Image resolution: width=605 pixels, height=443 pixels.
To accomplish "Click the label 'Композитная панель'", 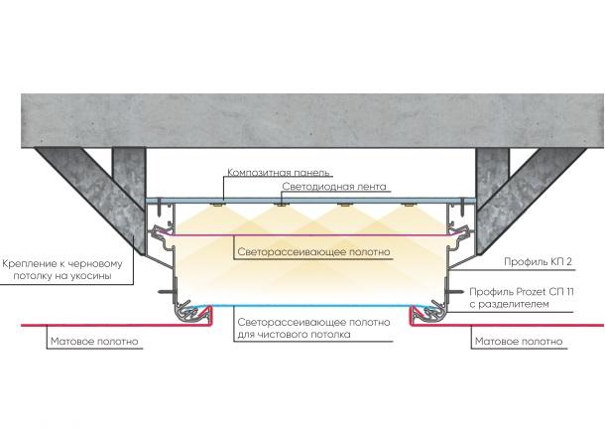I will click(x=279, y=172).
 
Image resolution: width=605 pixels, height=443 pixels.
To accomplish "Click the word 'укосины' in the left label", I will click(x=108, y=277).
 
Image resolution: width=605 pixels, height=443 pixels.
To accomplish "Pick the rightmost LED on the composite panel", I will click(x=406, y=207).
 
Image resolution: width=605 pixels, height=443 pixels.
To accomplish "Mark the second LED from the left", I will click(x=282, y=207).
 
